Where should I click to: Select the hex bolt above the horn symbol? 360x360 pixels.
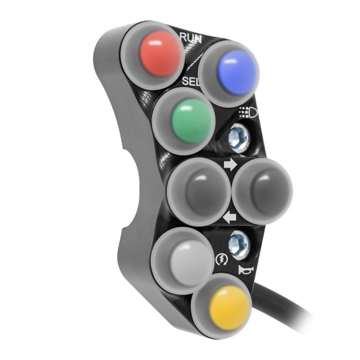(x=238, y=243)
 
